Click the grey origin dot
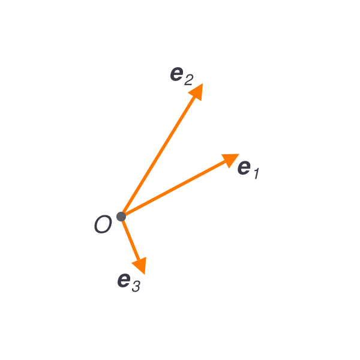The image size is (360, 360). [121, 217]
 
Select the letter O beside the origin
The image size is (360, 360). [103, 224]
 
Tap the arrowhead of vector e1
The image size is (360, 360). [230, 160]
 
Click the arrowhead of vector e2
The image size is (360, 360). [196, 92]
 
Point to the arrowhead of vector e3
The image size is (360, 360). [140, 265]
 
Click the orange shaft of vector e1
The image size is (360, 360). [175, 188]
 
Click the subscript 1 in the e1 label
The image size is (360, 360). [257, 173]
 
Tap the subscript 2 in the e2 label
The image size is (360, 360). [189, 80]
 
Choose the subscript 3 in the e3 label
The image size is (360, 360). [136, 287]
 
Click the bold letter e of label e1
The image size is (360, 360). [244, 167]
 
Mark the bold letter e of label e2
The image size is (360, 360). [177, 74]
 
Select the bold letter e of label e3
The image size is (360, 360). [124, 280]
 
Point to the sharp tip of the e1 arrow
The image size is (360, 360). [239, 154]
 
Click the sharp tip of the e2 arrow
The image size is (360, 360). [203, 83]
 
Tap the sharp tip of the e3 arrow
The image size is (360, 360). [145, 274]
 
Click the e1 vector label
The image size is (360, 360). [248, 170]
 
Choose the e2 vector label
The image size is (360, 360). [182, 76]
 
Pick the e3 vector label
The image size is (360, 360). [129, 283]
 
